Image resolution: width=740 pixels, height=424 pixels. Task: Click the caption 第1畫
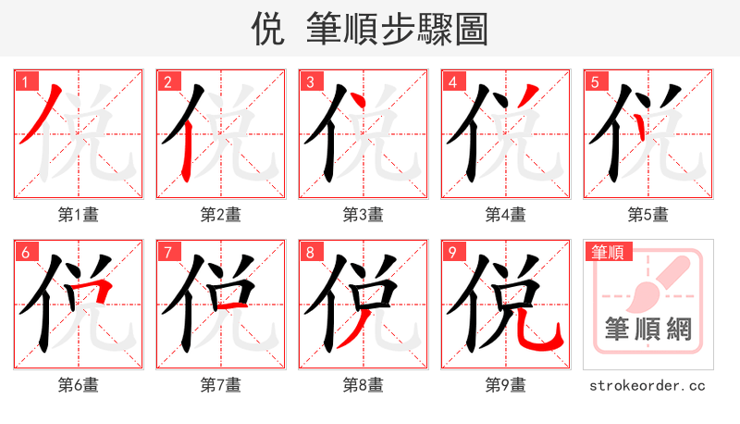click(79, 215)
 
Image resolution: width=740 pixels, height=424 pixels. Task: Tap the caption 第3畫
click(364, 215)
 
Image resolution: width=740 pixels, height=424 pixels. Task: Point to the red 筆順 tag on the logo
click(607, 252)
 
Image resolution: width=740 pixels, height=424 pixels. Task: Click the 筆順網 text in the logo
click(647, 329)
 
